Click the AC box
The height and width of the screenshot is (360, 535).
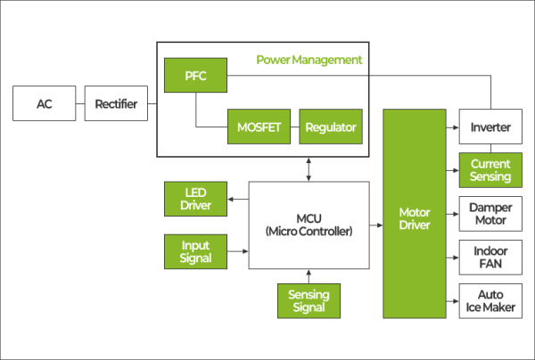tap(44, 104)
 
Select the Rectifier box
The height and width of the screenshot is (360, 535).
tap(116, 104)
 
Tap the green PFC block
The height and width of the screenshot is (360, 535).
tap(195, 76)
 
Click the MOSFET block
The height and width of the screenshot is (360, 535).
tap(259, 127)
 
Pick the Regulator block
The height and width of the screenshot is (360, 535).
tap(330, 127)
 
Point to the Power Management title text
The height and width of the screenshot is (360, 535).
tap(309, 60)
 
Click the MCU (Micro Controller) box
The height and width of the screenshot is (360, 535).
tap(309, 225)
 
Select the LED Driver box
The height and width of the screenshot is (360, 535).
tap(195, 200)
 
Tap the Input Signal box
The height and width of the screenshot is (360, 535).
tap(195, 251)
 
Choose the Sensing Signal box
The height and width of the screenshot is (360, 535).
tap(309, 301)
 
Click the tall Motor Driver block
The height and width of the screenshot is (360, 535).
tap(416, 214)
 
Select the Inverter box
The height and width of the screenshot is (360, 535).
tap(490, 127)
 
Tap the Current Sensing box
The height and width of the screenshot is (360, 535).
tap(490, 170)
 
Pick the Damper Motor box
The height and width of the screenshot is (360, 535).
tap(490, 214)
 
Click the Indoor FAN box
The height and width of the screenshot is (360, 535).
tap(490, 258)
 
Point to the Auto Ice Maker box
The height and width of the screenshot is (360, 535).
tap(490, 301)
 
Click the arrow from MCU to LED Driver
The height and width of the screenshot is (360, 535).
tap(236, 200)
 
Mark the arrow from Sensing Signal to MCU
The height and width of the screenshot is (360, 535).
tap(309, 275)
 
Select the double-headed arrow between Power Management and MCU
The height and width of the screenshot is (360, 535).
tap(309, 168)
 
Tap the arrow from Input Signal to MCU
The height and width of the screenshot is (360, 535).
tap(236, 251)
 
